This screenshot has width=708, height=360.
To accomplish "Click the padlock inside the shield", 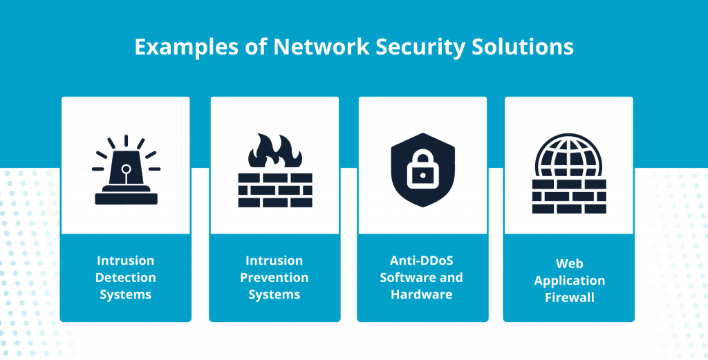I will (422, 169).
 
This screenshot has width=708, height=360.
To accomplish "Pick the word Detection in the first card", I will (126, 278).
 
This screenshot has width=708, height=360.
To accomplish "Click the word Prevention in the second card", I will (274, 278).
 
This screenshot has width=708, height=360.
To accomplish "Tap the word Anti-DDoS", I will (422, 260).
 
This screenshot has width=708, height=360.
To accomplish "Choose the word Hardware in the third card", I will (422, 294).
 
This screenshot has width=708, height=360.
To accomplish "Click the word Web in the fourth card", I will (569, 264).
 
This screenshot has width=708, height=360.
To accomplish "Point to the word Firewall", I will (569, 298).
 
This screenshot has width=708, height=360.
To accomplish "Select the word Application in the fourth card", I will (569, 281).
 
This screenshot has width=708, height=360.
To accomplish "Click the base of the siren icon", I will (126, 198).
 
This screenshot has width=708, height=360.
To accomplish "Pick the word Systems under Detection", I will (126, 294).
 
